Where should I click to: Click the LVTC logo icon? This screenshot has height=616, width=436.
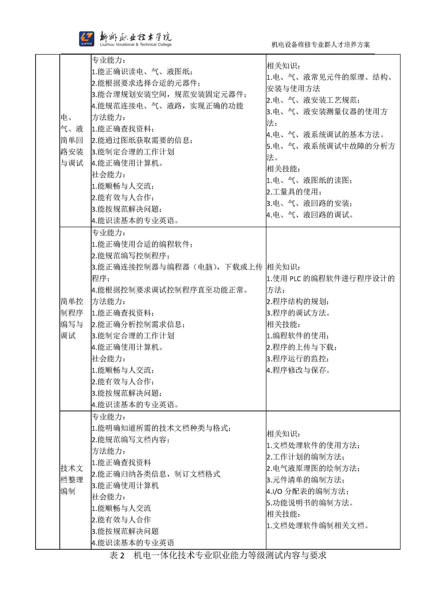(86, 39)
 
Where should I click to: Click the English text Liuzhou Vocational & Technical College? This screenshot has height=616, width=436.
(136, 45)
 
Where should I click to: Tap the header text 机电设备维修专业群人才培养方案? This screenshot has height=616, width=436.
(321, 45)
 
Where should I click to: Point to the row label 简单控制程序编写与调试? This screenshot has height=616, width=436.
(72, 318)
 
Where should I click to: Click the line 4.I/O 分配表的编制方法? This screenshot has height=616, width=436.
(308, 491)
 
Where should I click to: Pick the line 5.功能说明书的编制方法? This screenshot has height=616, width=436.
(310, 503)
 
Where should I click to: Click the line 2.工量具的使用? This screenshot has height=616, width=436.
(294, 192)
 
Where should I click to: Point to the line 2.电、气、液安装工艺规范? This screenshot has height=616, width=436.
(313, 100)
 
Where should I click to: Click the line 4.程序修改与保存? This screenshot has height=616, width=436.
(298, 370)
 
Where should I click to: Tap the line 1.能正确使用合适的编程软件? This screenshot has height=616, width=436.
(142, 244)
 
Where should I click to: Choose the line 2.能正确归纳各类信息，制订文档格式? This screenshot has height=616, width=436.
(156, 474)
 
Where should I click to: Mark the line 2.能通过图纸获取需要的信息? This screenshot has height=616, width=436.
(142, 140)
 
